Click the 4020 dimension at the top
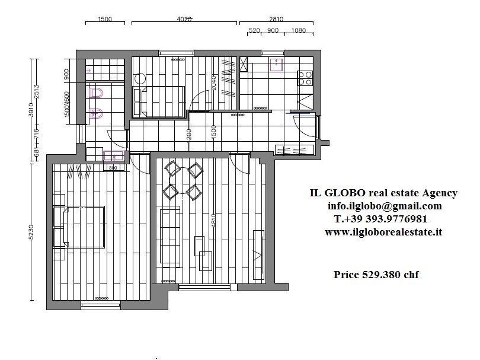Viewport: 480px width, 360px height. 184,19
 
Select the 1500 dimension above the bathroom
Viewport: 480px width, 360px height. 104,19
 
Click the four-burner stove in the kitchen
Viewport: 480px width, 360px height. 305,78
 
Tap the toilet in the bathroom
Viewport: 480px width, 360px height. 97,93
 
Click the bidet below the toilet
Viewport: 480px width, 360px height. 97,113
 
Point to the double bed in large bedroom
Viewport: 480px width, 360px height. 79,226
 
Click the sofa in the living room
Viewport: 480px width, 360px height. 170,235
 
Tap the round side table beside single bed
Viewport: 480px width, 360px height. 140,78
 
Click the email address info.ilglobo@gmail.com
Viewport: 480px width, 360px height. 385,206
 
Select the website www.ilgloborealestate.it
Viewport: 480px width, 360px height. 383,232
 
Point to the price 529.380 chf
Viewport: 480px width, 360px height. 376,275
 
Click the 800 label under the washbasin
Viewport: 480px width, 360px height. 113,168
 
